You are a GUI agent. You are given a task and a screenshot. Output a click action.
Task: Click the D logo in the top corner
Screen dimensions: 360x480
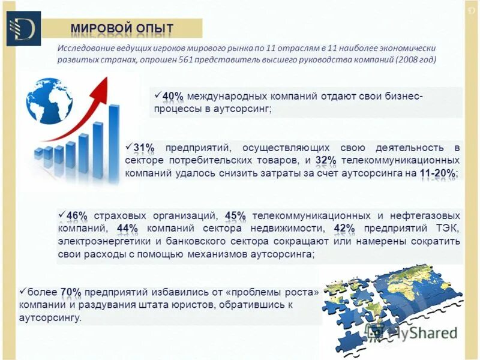pyautogui.click(x=23, y=28)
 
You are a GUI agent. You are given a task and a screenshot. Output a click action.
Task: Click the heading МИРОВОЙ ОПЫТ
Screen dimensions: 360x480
pyautogui.click(x=122, y=28)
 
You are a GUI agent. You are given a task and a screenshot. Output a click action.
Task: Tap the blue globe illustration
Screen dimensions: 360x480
pyautogui.click(x=49, y=100)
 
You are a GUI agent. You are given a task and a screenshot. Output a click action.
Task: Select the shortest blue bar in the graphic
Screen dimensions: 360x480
pyautogui.click(x=39, y=157)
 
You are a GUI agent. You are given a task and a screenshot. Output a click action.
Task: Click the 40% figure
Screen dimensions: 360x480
pyautogui.click(x=173, y=97)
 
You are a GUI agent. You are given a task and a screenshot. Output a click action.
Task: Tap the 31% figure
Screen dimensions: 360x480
pyautogui.click(x=143, y=148)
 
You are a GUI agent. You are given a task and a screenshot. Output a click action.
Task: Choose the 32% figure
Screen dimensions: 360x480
pyautogui.click(x=325, y=160)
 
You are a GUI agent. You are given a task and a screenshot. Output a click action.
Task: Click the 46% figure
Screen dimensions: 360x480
pyautogui.click(x=77, y=215)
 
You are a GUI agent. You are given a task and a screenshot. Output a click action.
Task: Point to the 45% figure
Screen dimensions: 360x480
pyautogui.click(x=235, y=215)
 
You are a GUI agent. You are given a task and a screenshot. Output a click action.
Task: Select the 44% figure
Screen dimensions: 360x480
pyautogui.click(x=127, y=229)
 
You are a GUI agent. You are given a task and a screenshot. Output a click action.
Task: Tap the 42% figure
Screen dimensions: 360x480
pyautogui.click(x=344, y=229)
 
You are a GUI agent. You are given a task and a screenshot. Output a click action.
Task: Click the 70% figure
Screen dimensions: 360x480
pyautogui.click(x=70, y=292)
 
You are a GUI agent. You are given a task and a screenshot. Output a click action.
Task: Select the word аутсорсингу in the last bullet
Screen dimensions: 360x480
pyautogui.click(x=49, y=318)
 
